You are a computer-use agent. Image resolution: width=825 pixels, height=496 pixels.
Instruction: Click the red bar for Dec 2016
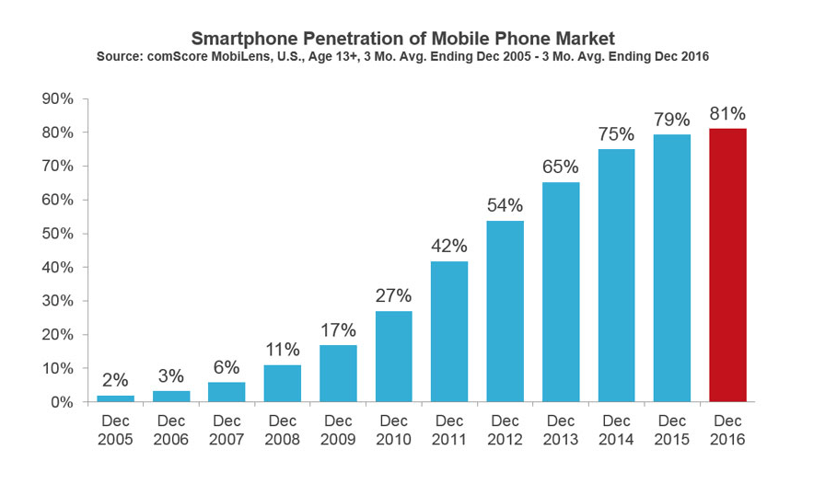pyautogui.click(x=727, y=265)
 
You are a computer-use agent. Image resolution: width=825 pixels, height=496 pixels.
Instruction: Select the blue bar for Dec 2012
pyautogui.click(x=505, y=311)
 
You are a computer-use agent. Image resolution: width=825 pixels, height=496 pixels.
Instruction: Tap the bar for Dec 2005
pyautogui.click(x=115, y=398)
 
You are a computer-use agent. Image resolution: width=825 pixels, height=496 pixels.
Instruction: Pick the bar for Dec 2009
pyautogui.click(x=338, y=373)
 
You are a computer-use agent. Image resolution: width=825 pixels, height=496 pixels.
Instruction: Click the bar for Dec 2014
pyautogui.click(x=616, y=275)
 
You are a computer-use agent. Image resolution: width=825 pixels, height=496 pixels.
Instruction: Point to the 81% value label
pyautogui.click(x=727, y=114)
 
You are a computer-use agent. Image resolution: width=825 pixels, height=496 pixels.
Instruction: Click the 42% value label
pyautogui.click(x=449, y=246)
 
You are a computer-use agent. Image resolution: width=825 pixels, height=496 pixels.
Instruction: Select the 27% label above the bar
pyautogui.click(x=393, y=295)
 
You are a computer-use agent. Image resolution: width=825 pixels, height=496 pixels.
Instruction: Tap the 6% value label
pyautogui.click(x=227, y=366)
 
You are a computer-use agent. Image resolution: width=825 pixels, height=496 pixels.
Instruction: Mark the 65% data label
pyautogui.click(x=561, y=167)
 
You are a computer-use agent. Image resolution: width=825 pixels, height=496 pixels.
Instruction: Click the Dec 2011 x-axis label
pyautogui.click(x=449, y=430)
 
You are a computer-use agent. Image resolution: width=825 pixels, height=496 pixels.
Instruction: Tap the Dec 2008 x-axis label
pyautogui.click(x=282, y=430)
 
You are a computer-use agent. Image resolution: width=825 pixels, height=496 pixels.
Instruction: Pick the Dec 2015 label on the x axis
pyautogui.click(x=671, y=430)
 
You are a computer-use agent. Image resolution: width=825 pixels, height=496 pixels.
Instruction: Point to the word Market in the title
pyautogui.click(x=584, y=39)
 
